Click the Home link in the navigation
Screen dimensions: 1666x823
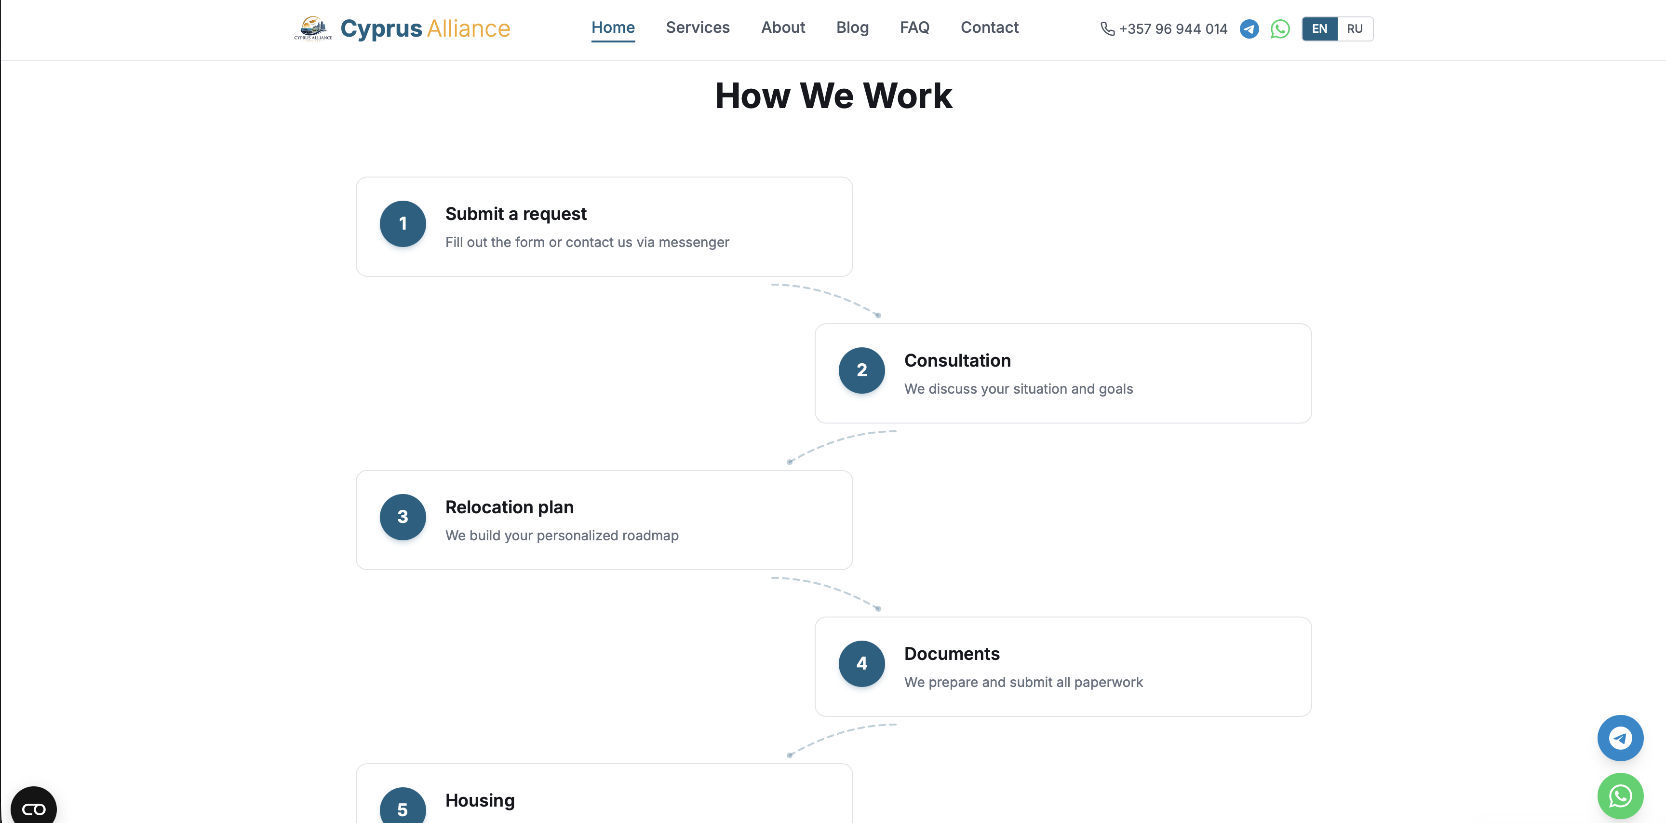point(613,28)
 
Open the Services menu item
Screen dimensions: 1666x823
point(697,28)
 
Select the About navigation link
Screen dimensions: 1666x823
point(782,28)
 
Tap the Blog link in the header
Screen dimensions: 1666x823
point(852,28)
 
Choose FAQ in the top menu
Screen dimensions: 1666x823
point(914,28)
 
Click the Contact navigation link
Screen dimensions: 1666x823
point(989,28)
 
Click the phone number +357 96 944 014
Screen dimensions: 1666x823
point(1172,29)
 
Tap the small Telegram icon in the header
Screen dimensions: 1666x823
point(1249,29)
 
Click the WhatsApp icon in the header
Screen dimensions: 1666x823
point(1279,29)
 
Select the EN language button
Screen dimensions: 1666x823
point(1319,29)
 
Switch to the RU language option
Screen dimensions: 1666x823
point(1354,29)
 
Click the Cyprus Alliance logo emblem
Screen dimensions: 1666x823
point(313,28)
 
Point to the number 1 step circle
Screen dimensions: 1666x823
point(402,224)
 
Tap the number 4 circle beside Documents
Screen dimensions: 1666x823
point(861,664)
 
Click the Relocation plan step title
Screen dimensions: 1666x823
point(509,507)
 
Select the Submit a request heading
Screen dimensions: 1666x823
point(515,214)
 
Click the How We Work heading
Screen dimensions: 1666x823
point(833,96)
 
